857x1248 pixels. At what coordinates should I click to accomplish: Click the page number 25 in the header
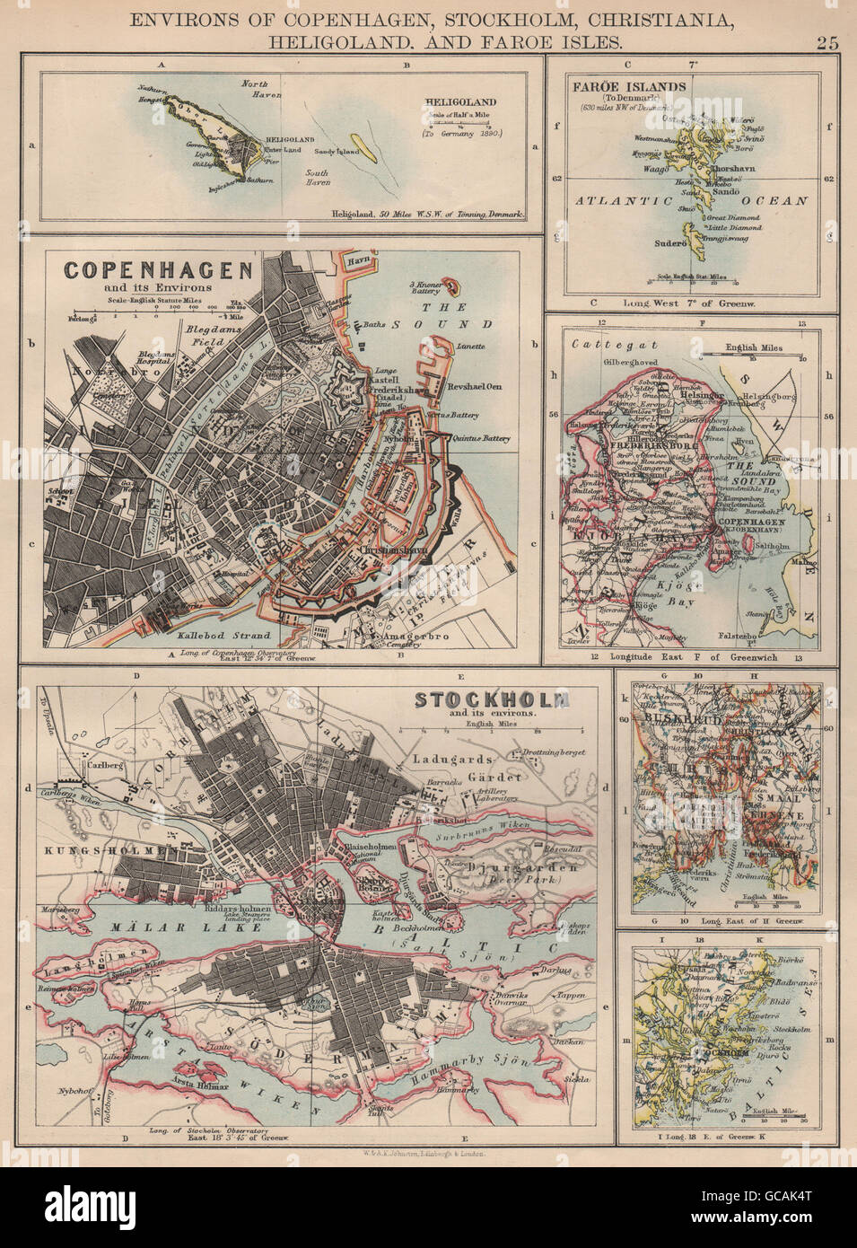click(x=826, y=40)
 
